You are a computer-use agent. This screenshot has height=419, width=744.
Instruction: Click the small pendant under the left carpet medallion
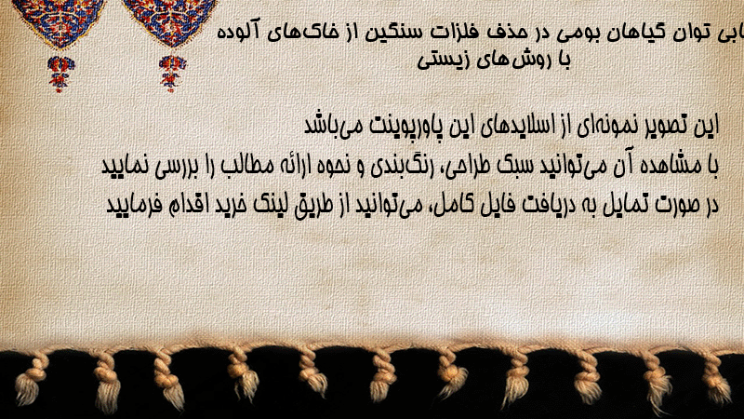pyautogui.click(x=60, y=74)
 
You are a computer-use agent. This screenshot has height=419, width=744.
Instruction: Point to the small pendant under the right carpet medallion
pyautogui.click(x=172, y=74)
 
